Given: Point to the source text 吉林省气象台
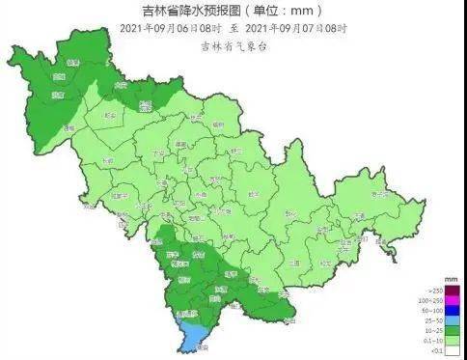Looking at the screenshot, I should [x=234, y=45].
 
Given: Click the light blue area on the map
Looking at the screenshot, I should [x=193, y=335].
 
